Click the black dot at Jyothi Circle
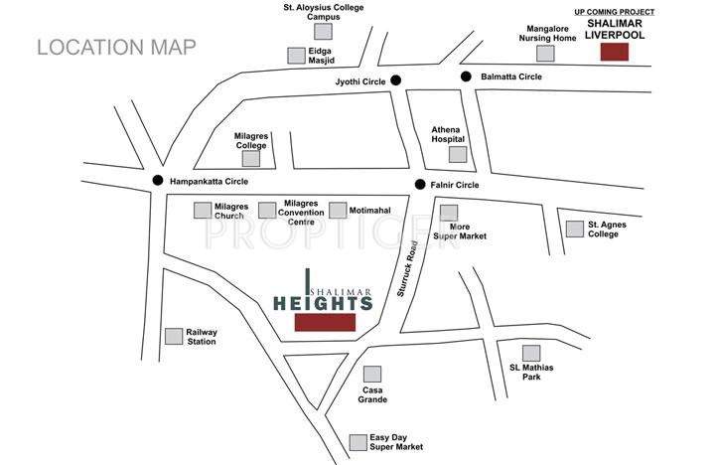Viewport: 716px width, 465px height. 395,80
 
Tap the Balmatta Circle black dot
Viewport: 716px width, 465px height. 465,77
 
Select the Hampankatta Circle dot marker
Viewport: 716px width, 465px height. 157,181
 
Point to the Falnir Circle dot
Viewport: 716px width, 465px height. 421,184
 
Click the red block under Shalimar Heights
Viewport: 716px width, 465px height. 325,323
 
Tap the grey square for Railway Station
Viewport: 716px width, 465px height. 174,336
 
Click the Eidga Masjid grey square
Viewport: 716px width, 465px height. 296,56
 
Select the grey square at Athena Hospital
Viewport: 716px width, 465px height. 457,154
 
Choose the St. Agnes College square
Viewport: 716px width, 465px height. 575,229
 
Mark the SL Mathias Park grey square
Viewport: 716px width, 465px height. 531,353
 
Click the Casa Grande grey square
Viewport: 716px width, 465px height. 371,374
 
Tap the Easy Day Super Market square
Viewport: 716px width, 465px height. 358,442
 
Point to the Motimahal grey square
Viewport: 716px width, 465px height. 338,210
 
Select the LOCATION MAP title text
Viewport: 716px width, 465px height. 116,47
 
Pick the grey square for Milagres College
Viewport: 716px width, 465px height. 251,157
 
